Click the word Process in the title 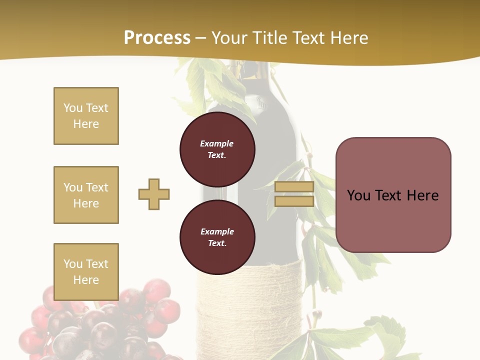[157, 38]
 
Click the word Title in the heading [270, 38]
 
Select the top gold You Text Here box [86, 116]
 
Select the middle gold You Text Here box [86, 195]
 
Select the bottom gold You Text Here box [86, 272]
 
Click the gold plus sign [154, 194]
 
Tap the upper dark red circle [217, 149]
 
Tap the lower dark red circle [217, 237]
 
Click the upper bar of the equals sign [294, 186]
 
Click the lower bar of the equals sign [294, 201]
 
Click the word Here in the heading [349, 38]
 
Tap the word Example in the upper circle [217, 143]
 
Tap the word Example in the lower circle [217, 231]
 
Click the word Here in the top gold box [86, 124]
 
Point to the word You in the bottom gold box [73, 264]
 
